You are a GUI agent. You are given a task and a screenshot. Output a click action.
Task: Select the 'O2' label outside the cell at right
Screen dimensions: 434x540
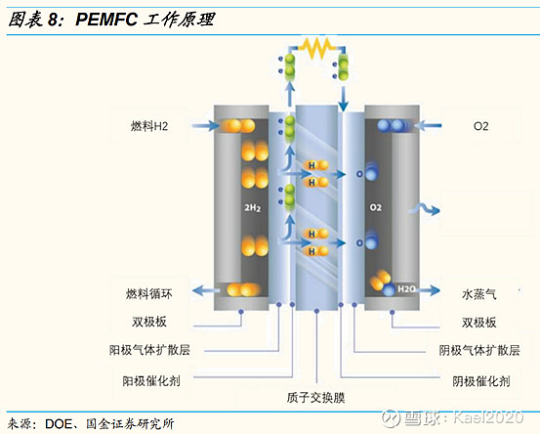[479, 126]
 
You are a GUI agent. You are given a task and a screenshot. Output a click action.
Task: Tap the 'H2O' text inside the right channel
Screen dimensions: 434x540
[406, 290]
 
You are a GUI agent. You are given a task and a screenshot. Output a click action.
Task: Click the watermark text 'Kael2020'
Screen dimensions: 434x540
[493, 418]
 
